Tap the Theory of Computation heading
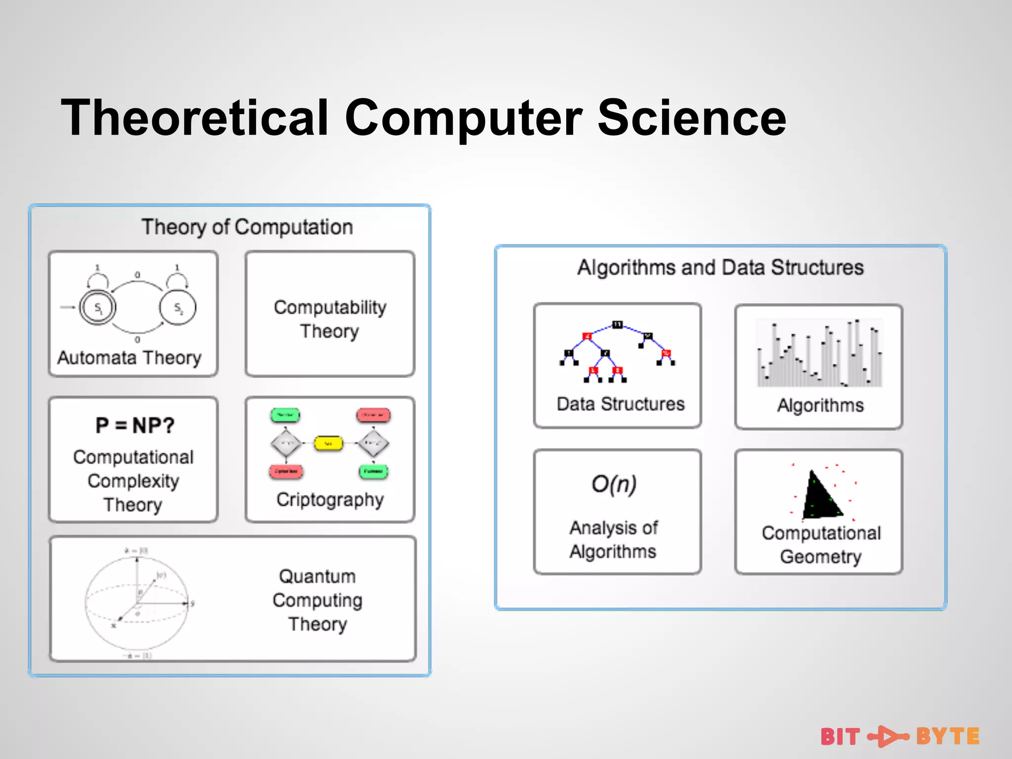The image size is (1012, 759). [x=247, y=227]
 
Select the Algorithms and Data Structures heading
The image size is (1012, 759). [x=720, y=267]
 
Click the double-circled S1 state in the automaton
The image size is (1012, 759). [x=98, y=308]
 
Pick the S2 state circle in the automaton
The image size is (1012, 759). [x=177, y=308]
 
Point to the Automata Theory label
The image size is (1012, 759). [x=129, y=357]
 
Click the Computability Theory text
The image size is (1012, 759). [x=330, y=319]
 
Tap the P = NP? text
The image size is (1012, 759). [x=135, y=425]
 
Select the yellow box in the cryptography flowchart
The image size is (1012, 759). [x=328, y=443]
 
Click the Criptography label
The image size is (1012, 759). [x=330, y=500]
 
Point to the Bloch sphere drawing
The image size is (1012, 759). [x=136, y=603]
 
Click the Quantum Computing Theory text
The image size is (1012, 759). [x=318, y=600]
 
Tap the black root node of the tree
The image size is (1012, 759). [x=617, y=325]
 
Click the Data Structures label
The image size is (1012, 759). [x=620, y=404]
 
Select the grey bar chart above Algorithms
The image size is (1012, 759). [x=820, y=353]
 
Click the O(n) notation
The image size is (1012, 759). [x=614, y=484]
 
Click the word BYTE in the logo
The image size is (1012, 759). [x=947, y=736]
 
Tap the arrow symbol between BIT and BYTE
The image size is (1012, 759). [x=888, y=736]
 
